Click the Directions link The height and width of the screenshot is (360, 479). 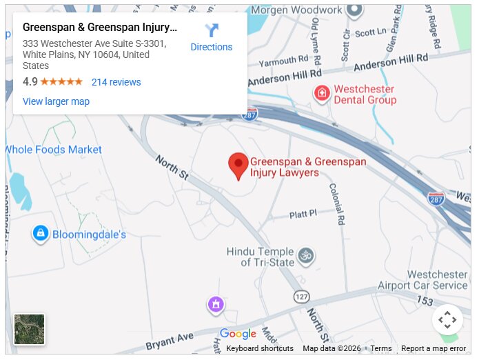click(x=211, y=38)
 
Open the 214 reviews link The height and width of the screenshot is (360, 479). click(x=116, y=82)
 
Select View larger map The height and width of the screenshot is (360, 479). click(x=56, y=101)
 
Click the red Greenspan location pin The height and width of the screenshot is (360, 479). click(x=238, y=166)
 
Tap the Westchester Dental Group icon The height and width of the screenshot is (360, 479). click(x=321, y=94)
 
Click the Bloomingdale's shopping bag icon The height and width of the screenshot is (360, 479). click(x=41, y=234)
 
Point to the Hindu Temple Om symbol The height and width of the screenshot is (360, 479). click(x=306, y=257)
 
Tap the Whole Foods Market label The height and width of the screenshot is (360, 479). click(x=53, y=150)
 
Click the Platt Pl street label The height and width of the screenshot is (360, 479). click(x=303, y=214)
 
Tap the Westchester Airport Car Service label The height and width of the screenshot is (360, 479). click(x=422, y=280)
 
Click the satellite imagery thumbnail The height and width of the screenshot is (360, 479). click(x=30, y=329)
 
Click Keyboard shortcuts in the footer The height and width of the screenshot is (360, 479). click(x=260, y=348)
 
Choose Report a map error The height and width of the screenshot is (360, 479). click(x=434, y=348)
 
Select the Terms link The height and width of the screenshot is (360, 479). click(x=381, y=348)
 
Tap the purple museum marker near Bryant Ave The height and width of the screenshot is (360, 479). click(x=216, y=303)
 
